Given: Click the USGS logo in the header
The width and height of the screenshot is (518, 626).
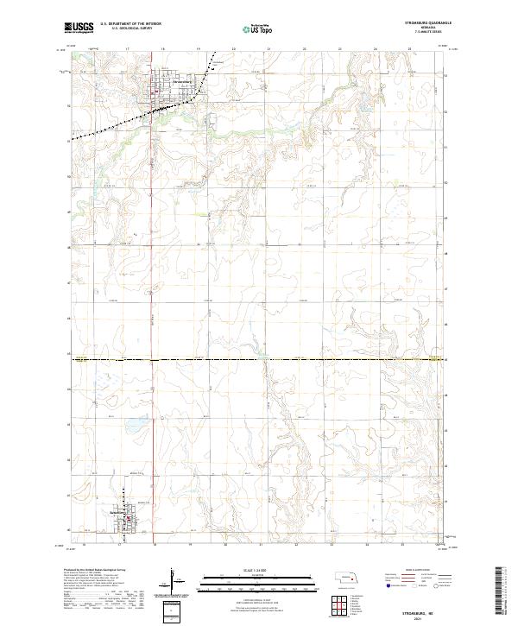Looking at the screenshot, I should (79, 28).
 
